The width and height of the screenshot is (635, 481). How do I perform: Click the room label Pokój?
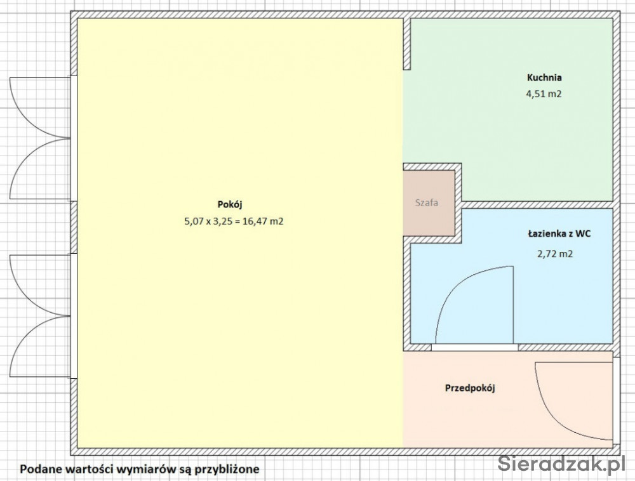230,205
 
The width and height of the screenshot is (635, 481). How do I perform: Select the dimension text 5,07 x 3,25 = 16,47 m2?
234,221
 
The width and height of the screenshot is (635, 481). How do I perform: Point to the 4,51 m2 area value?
544,94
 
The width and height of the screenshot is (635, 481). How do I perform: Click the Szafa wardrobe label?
427,202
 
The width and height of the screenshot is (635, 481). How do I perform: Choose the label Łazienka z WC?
559,234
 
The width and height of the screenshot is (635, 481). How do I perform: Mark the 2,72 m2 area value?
555,254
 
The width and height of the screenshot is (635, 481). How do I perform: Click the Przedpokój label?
470,388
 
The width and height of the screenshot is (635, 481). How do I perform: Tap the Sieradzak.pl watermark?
561,463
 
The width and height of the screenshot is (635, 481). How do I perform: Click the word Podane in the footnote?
39,470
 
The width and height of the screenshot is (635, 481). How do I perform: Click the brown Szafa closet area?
429,202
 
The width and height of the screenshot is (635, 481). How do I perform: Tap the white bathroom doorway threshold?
474,347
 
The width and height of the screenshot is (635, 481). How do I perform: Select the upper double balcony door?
39,138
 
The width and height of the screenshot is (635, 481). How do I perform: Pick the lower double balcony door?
39,316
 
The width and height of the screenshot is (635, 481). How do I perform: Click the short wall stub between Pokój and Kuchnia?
406,44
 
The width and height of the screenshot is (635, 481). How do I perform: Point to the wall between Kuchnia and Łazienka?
537,205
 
